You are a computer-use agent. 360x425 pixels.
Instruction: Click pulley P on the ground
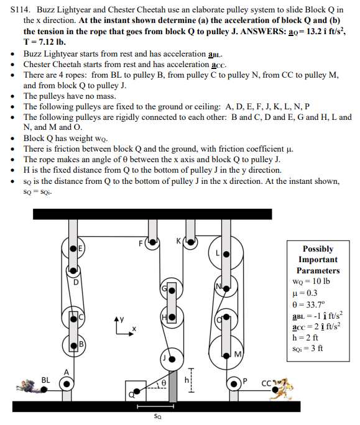click(x=236, y=382)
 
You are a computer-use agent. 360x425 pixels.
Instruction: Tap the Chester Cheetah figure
click(x=280, y=386)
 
